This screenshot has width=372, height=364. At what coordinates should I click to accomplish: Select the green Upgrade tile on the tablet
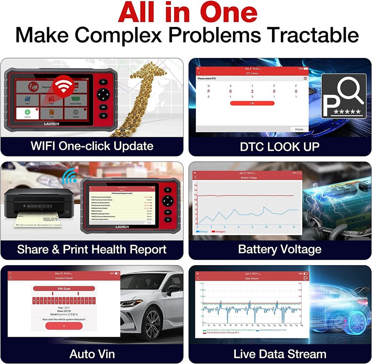tap(27, 113)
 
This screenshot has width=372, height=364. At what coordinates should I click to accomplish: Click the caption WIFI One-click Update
tap(92, 145)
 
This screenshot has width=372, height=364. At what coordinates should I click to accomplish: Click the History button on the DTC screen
tap(299, 129)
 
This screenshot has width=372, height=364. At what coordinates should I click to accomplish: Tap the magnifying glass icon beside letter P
tap(351, 92)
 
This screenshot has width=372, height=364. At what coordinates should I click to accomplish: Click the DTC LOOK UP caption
tap(279, 146)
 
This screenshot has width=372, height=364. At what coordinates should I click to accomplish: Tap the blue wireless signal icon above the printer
tap(69, 177)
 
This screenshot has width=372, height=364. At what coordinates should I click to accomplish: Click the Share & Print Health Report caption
tap(92, 249)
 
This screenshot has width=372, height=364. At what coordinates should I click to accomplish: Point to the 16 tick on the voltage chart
tap(195, 185)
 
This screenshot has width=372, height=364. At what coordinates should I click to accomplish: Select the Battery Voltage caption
tap(279, 249)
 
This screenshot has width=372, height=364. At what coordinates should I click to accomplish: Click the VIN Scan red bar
tap(64, 289)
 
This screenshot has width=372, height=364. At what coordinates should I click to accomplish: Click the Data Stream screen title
tap(252, 278)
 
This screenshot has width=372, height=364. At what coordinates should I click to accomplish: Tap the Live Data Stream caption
tap(279, 354)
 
